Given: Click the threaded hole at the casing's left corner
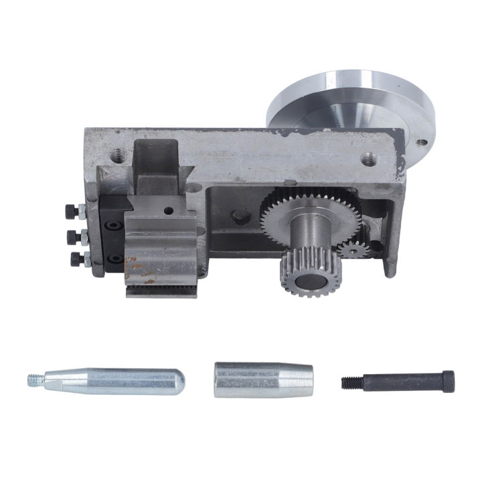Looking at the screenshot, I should point(118,153).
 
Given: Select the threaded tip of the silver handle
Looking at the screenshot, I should point(35,380).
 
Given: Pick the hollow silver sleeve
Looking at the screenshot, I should point(262,380).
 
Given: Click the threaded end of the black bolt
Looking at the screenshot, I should point(347,383).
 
